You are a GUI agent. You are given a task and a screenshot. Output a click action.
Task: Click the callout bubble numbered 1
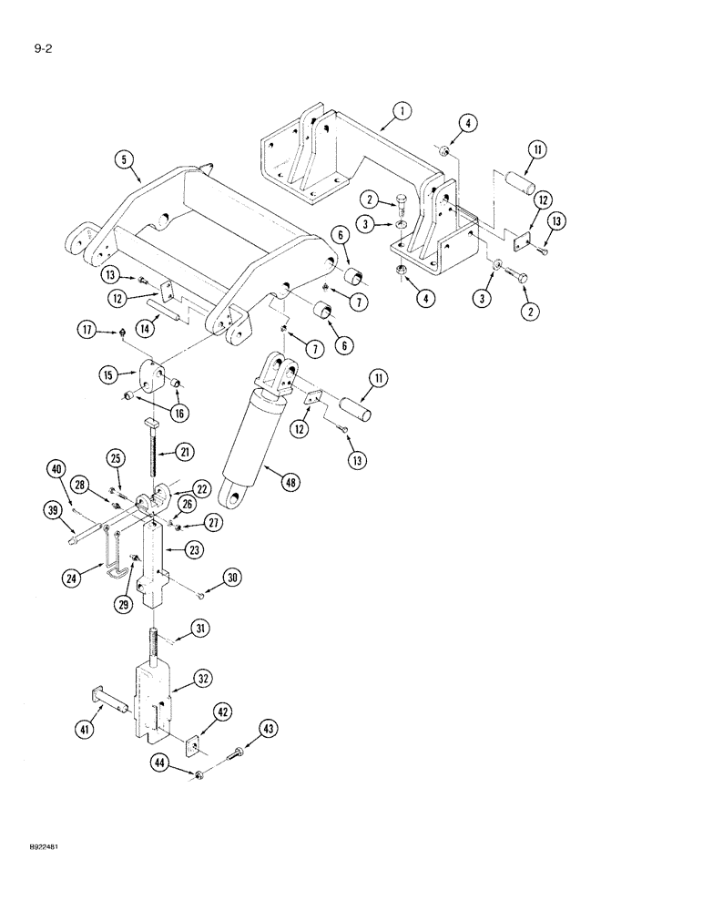tap(399, 113)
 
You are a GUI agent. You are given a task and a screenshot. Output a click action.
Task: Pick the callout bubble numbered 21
tap(185, 451)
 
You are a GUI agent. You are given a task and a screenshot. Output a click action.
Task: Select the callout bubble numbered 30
tap(233, 577)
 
